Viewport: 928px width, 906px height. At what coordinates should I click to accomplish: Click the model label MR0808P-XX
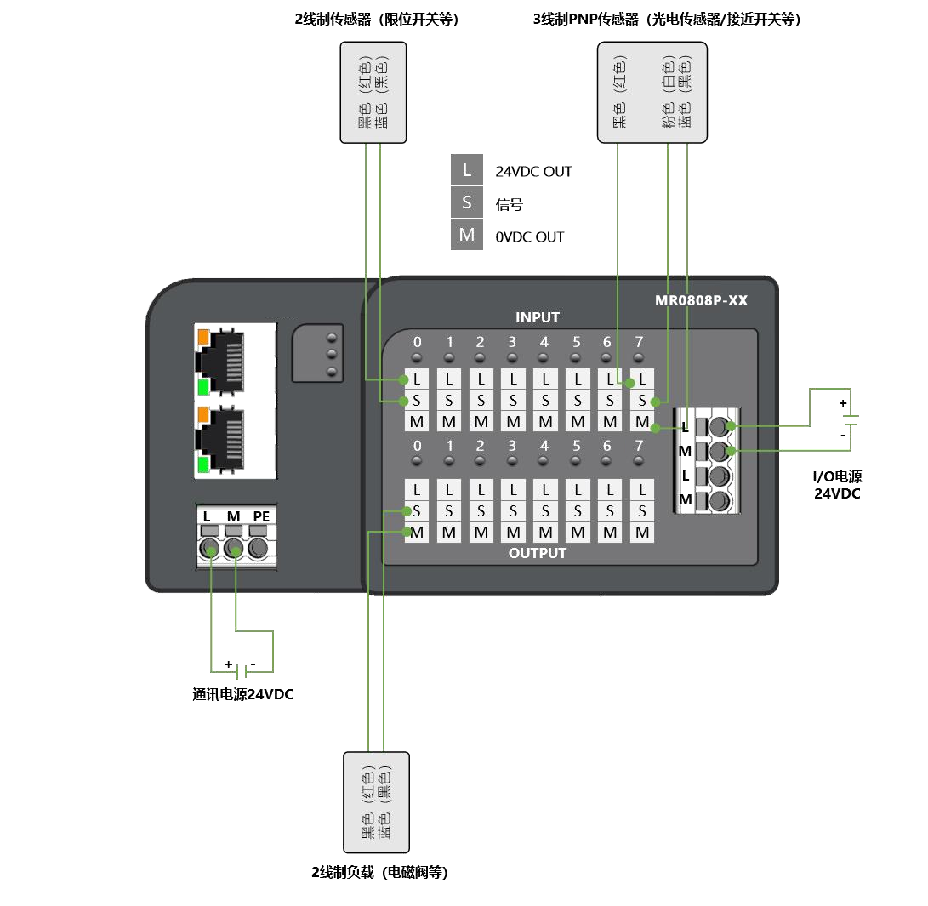click(x=702, y=300)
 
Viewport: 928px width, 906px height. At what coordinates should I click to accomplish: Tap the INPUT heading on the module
click(x=538, y=317)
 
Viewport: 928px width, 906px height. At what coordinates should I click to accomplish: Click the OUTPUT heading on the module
click(x=538, y=553)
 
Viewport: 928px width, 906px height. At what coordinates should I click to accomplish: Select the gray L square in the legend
click(x=466, y=170)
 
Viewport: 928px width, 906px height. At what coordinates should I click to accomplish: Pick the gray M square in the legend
click(x=466, y=235)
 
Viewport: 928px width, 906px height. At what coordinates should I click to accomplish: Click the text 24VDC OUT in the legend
click(x=533, y=171)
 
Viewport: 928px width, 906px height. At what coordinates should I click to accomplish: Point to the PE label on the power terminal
click(x=261, y=516)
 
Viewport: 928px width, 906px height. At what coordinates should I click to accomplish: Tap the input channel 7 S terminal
click(x=642, y=400)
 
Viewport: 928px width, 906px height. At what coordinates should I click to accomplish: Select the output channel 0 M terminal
click(x=417, y=533)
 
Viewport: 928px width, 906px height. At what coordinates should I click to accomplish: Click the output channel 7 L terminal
click(x=642, y=490)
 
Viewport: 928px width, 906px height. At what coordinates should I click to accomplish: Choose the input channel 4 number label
click(x=544, y=342)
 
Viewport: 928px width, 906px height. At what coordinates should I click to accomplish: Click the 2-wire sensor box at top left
click(x=373, y=93)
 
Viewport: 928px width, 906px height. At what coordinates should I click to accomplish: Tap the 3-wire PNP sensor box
click(x=651, y=93)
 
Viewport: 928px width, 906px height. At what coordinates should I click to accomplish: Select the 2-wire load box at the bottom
click(x=376, y=801)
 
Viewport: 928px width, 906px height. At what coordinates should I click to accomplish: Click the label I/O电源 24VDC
click(x=837, y=485)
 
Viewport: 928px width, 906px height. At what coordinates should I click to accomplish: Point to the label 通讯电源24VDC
click(x=243, y=694)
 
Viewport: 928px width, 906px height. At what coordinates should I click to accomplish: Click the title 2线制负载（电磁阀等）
click(x=379, y=872)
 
